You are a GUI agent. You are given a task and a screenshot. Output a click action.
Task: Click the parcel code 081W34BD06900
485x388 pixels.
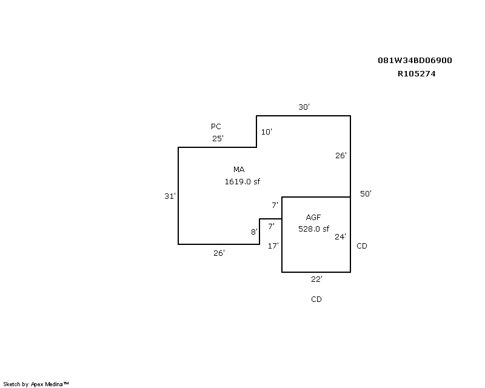(x=415, y=61)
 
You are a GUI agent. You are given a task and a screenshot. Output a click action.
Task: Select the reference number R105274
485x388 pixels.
(x=416, y=73)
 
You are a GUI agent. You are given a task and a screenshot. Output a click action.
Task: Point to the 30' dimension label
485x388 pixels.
(x=304, y=107)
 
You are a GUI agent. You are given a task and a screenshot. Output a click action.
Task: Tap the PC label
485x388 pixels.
(x=216, y=127)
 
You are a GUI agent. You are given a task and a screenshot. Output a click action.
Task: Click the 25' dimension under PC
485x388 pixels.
(x=218, y=138)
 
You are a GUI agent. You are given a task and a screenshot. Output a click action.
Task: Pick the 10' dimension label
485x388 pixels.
(x=266, y=132)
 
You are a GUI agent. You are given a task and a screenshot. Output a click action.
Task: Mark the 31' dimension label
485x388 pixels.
(x=170, y=196)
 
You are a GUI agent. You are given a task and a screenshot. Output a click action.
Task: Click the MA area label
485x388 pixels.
(x=239, y=170)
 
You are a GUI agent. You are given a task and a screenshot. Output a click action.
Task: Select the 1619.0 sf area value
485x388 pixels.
(x=242, y=182)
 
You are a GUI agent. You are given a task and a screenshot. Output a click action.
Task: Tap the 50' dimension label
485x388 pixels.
(x=366, y=193)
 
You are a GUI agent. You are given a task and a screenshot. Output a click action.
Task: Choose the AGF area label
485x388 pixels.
(x=313, y=218)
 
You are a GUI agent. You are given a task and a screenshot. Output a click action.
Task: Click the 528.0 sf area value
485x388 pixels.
(x=313, y=229)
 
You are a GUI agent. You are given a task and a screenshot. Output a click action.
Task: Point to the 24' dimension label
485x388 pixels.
(x=340, y=236)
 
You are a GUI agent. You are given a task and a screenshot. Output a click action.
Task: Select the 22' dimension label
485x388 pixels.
(x=316, y=279)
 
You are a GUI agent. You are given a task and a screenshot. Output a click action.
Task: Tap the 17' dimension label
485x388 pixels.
(x=273, y=246)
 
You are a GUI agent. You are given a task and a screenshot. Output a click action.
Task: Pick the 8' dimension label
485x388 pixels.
(x=254, y=232)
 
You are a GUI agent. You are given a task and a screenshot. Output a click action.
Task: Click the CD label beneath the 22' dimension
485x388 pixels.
(x=316, y=299)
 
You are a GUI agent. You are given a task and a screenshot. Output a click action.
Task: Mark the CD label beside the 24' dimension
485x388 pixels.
(x=362, y=246)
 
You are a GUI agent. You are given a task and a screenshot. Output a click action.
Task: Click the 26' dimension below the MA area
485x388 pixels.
(x=219, y=253)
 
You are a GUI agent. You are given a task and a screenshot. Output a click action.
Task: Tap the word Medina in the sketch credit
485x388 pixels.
(x=53, y=384)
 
